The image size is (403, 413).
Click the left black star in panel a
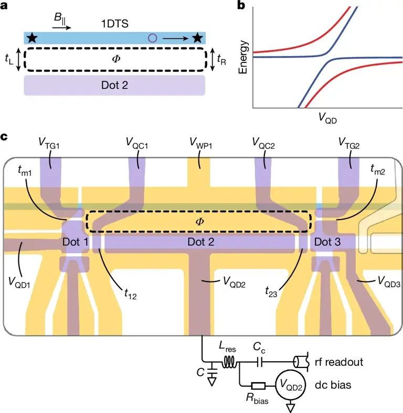point(33,37)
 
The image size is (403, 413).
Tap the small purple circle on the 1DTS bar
point(153,37)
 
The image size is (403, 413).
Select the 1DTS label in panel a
point(114,24)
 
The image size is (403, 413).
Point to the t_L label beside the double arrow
point(9,60)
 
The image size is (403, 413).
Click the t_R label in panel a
point(222,60)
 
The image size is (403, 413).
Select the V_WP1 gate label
point(200,143)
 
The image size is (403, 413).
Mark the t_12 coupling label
point(131,297)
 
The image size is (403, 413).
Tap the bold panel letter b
point(241,6)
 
